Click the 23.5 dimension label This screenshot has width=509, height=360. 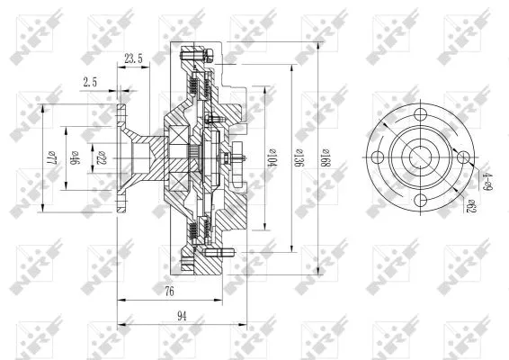click(133, 58)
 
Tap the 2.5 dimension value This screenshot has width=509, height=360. click(90, 81)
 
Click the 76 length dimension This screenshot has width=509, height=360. click(168, 292)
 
